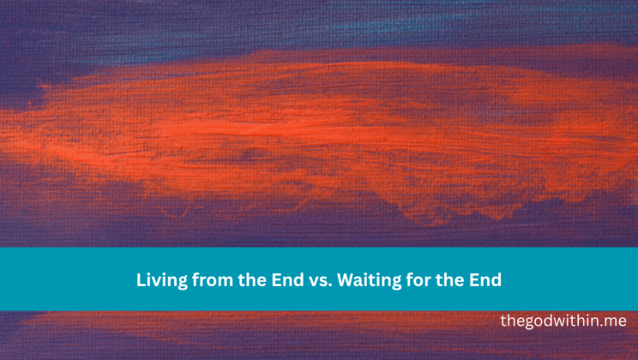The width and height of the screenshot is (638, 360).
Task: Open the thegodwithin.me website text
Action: tap(563, 321)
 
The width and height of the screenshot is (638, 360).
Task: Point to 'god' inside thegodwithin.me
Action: tap(539, 321)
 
